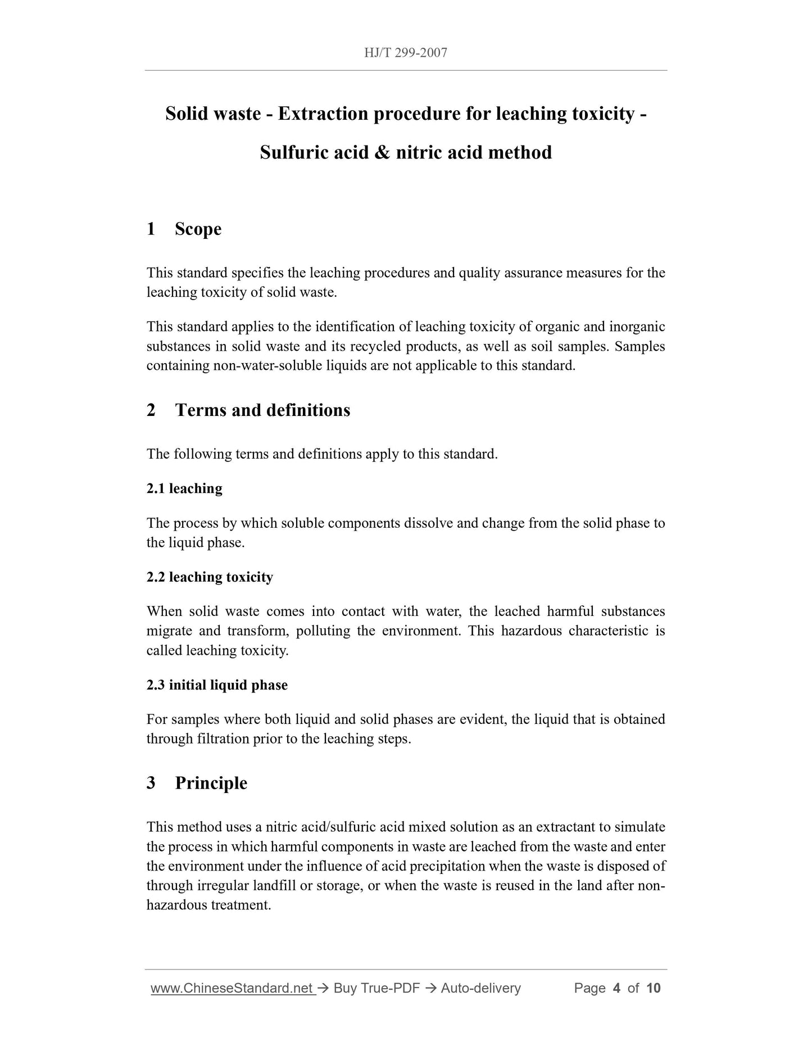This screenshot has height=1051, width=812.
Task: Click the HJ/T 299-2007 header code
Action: [x=405, y=53]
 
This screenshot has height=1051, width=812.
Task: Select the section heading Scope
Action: [x=198, y=229]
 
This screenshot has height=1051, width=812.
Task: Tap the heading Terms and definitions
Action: [x=262, y=410]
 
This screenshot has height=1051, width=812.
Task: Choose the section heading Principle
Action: [x=211, y=783]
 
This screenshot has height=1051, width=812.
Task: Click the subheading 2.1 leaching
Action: [x=184, y=488]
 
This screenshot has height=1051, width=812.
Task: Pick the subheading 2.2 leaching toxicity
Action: [x=210, y=577]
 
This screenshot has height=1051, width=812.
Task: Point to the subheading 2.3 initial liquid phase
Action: [x=217, y=685]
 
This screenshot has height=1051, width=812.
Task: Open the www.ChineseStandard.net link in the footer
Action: [x=232, y=988]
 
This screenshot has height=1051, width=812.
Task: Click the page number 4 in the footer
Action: [x=616, y=988]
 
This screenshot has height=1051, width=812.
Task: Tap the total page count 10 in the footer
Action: [x=653, y=988]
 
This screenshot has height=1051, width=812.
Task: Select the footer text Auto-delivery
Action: [x=480, y=988]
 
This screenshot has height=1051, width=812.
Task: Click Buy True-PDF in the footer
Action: [x=376, y=988]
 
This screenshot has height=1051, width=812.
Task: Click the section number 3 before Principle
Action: [x=151, y=783]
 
